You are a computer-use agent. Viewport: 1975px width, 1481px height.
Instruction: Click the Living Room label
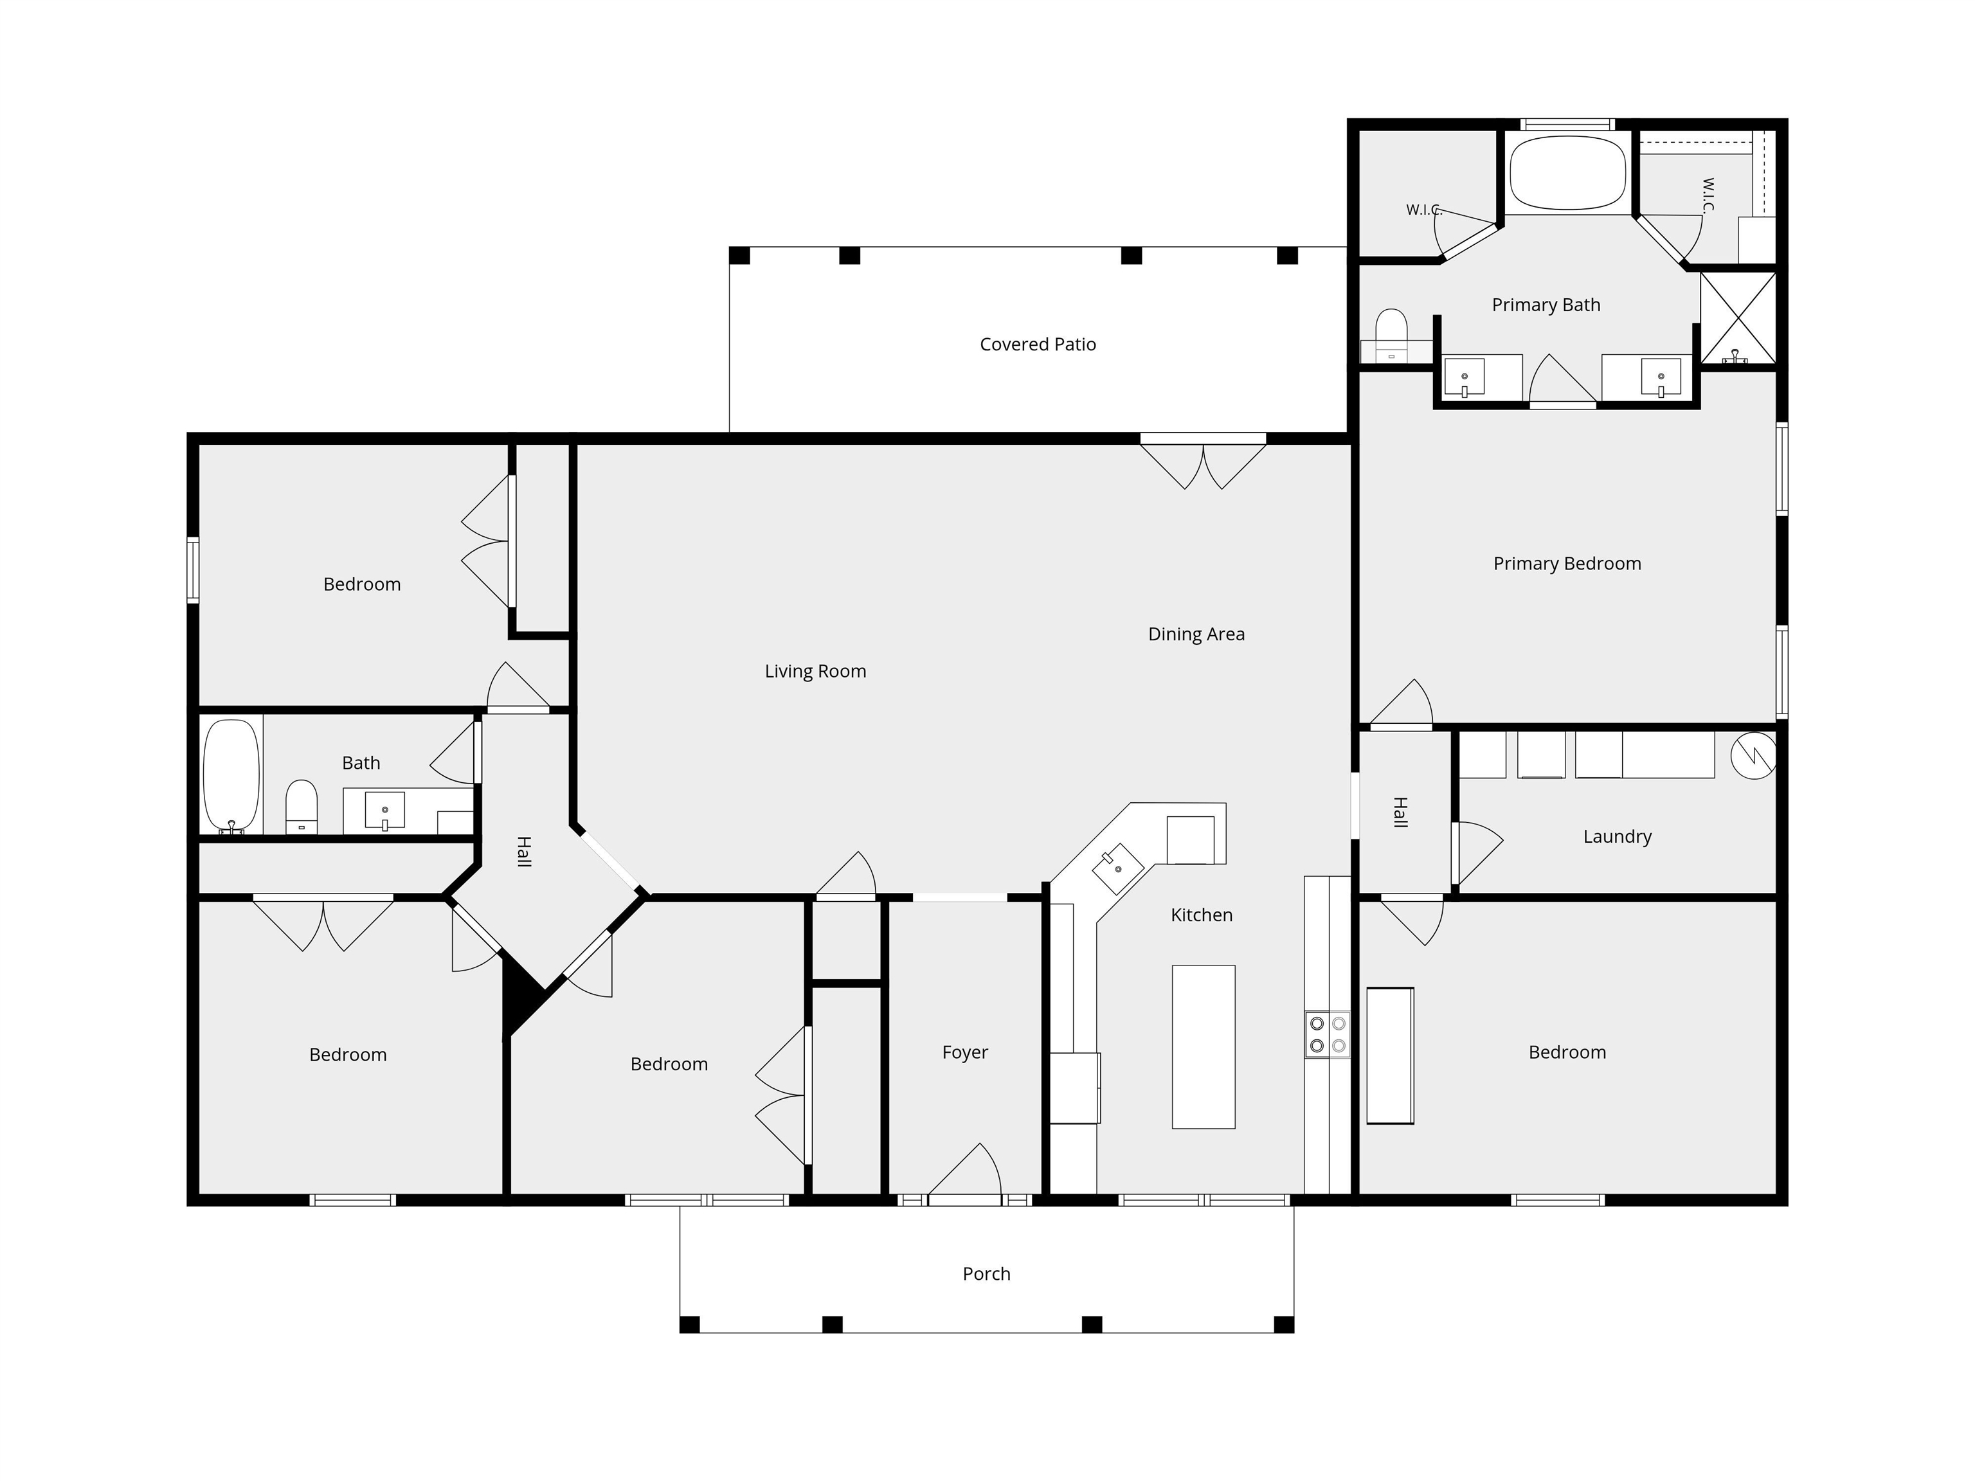coord(815,671)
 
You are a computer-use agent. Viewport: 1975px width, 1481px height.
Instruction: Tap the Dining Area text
coord(1196,634)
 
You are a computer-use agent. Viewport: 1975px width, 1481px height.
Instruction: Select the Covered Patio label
coord(1038,345)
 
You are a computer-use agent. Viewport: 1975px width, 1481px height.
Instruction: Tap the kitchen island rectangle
coord(1204,1047)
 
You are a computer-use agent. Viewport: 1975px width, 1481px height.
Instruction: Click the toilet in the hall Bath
coord(302,807)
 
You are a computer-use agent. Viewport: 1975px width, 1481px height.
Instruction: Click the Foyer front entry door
coord(965,1171)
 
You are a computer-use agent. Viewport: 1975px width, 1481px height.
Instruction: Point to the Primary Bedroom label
coord(1567,563)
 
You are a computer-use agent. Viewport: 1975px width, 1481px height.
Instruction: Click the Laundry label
coord(1617,836)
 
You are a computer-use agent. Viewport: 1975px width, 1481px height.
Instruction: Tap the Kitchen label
coord(1202,915)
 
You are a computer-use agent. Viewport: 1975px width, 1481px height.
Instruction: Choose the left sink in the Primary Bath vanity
coord(1465,377)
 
